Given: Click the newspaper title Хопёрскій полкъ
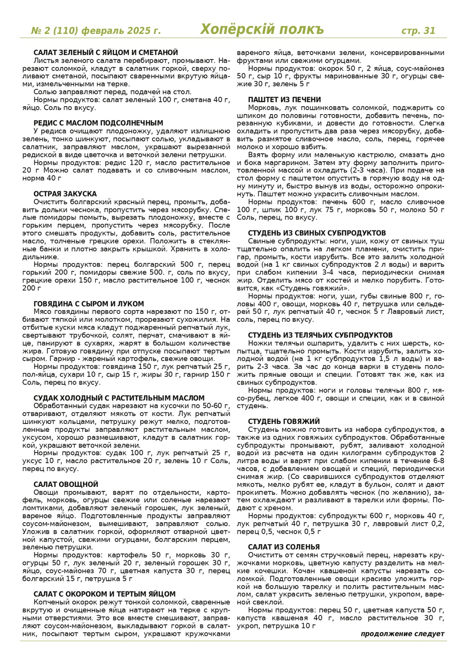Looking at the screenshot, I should pos(262,30).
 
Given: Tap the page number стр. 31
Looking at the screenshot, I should pos(418,30).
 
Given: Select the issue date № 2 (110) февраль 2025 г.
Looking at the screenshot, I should pos(96,30).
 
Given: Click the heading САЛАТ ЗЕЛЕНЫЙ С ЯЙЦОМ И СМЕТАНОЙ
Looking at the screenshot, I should pos(106,52).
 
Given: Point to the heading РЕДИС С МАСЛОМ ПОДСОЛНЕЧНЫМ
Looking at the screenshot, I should pos(98,123).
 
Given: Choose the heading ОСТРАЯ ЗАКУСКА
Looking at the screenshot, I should pos(65,194).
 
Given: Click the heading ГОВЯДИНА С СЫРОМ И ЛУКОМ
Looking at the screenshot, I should pos(88,304).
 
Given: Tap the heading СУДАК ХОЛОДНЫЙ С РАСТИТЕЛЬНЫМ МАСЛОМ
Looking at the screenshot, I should pos(119,398).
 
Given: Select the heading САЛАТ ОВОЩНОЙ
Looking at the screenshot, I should pos(66,484).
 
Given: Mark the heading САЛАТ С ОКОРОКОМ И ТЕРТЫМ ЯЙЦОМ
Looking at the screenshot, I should pos(104,594).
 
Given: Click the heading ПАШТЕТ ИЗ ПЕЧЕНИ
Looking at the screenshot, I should pos(284,100).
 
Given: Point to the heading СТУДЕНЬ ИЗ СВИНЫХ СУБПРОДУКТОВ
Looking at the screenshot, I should pos(317,233).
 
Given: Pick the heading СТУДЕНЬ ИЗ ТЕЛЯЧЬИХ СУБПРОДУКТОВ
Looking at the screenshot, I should pos(320,335).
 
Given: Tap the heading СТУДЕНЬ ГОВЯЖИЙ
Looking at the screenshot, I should pos(284,421).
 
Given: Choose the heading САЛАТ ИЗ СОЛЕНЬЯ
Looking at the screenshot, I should pos(284,547).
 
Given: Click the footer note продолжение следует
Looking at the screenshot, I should pos(402,634).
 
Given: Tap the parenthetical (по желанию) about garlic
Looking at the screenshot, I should pos(398,492).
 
